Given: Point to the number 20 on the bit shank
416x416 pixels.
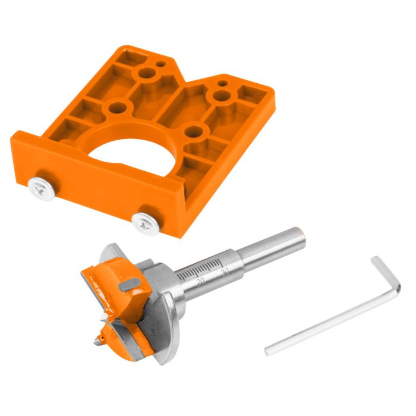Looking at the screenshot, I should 200,280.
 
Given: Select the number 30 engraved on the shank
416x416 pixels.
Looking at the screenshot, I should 224,271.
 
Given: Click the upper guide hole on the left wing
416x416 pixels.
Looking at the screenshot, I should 145,75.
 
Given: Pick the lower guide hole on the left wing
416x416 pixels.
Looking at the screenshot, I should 118,108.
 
